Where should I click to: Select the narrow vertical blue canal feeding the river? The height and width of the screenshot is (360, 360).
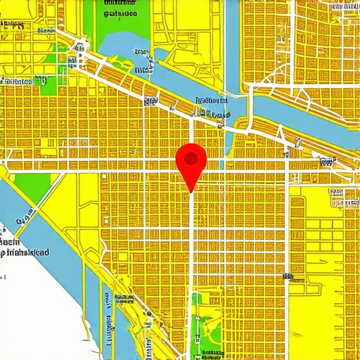tap(233, 42)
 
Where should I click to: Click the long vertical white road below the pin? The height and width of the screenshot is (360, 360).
tap(192, 267)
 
